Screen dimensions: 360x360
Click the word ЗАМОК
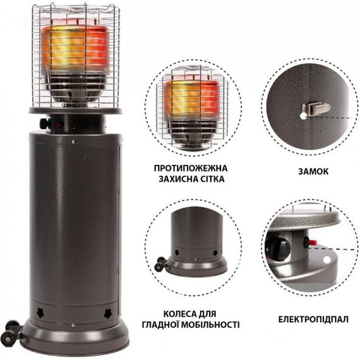313,171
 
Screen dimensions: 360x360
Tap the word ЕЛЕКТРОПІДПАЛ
313,320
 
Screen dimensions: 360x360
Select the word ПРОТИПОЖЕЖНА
191,168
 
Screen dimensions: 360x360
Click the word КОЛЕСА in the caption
179,314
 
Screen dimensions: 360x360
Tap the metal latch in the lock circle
316,109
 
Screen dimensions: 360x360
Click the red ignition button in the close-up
311,243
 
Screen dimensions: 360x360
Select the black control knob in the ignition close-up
279,249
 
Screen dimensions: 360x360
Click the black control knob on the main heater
45,124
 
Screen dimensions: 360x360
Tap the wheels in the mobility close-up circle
160,264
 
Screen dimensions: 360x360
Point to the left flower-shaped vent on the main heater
40,313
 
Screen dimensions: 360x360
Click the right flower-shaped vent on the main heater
107,314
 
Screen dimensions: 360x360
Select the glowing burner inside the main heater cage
75,49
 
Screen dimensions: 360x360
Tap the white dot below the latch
303,116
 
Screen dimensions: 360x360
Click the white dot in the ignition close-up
327,260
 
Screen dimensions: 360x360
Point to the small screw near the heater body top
73,142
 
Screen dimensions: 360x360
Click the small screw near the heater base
73,325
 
